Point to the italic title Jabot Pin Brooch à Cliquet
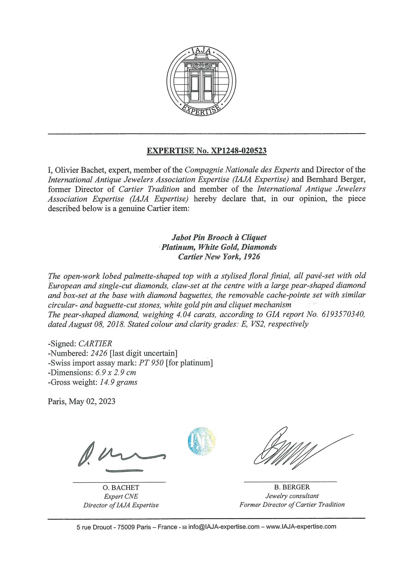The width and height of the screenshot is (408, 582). [x=219, y=238]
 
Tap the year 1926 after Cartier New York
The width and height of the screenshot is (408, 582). [x=252, y=257]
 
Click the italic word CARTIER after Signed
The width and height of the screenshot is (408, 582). [x=95, y=344]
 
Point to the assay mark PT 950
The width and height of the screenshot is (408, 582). [x=151, y=363]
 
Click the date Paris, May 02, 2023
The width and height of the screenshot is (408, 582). [x=82, y=402]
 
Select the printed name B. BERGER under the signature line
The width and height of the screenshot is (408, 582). [x=292, y=487]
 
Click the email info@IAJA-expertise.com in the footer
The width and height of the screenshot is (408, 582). [x=224, y=527]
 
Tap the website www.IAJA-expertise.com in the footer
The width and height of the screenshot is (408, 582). [x=301, y=527]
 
